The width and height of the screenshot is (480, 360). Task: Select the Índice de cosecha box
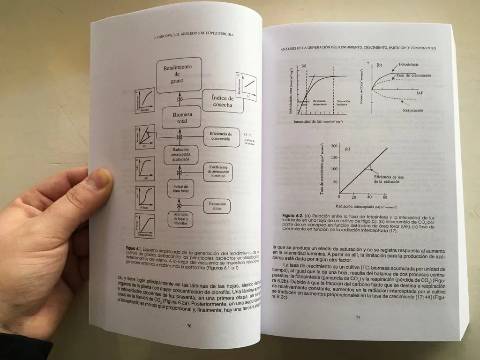(222, 102)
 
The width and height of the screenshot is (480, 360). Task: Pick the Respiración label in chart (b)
(412, 110)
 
